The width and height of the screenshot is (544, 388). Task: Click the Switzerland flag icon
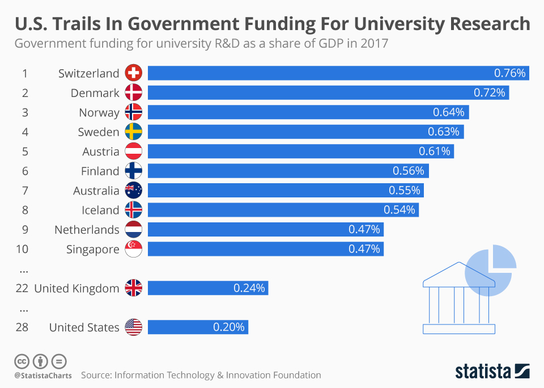point(133,73)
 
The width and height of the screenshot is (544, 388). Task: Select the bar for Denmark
point(328,93)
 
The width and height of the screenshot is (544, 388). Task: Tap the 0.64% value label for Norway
point(448,112)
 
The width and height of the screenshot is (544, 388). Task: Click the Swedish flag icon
point(133,132)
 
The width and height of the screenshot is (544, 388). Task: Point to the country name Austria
point(100,151)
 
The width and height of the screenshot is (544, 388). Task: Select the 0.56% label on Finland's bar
point(408,171)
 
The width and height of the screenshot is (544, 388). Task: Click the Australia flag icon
point(133,191)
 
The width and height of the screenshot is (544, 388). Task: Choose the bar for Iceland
point(283,210)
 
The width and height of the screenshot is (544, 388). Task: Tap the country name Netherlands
point(87,230)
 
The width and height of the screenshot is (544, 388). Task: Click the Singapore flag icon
point(133,249)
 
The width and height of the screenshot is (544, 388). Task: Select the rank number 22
point(22,288)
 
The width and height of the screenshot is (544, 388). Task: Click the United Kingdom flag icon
point(133,288)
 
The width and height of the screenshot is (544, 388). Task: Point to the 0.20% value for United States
point(229,327)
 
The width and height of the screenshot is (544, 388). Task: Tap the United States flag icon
point(133,327)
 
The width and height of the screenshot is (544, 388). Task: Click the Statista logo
point(492,372)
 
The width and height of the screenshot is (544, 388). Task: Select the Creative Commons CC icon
point(22,361)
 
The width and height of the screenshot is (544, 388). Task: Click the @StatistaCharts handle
point(42,376)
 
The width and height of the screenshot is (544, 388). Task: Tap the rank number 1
point(25,73)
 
